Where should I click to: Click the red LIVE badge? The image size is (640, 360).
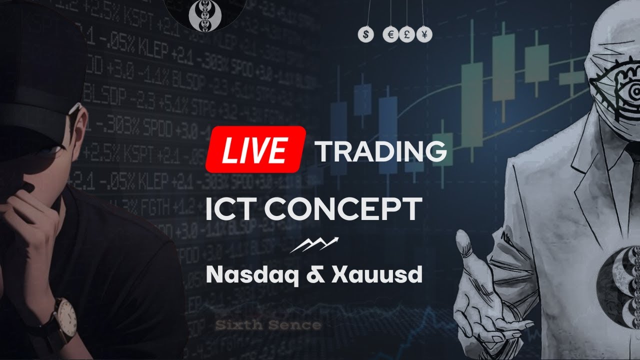(255, 149)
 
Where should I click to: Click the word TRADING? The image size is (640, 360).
(380, 151)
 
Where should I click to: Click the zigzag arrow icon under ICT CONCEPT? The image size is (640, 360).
(313, 244)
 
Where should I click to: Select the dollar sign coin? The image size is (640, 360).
(366, 34)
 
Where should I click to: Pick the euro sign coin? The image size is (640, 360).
(390, 34)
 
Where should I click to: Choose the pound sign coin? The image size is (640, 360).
(406, 34)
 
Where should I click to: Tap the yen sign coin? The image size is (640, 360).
(424, 34)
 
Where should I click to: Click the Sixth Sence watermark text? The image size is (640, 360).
(268, 325)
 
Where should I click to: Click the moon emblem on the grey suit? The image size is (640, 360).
(620, 280)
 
